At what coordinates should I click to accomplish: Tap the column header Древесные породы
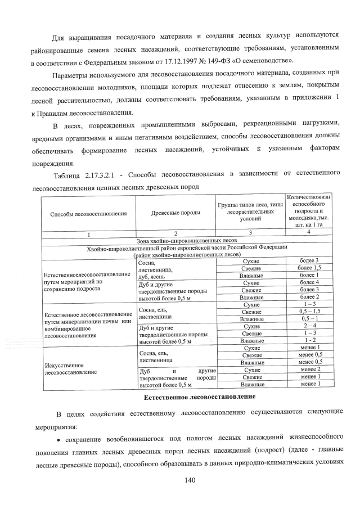coord(175,214)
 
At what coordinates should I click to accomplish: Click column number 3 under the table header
coord(249,232)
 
